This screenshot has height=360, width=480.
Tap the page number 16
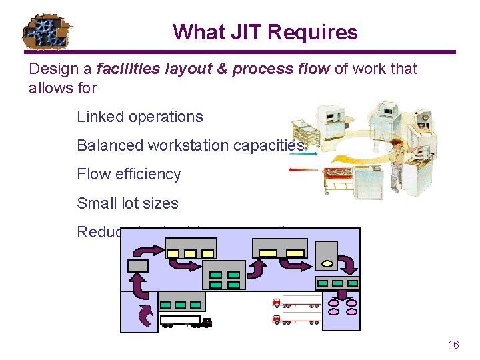[453, 345]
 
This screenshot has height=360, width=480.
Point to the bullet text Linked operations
[140, 117]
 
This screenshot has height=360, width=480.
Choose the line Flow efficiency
[129, 174]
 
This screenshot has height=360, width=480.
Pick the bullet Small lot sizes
[127, 203]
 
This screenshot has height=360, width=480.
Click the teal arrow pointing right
[304, 153]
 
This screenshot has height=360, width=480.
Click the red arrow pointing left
[303, 169]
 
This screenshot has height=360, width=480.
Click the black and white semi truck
[186, 321]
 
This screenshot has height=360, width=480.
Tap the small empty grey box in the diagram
[139, 265]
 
